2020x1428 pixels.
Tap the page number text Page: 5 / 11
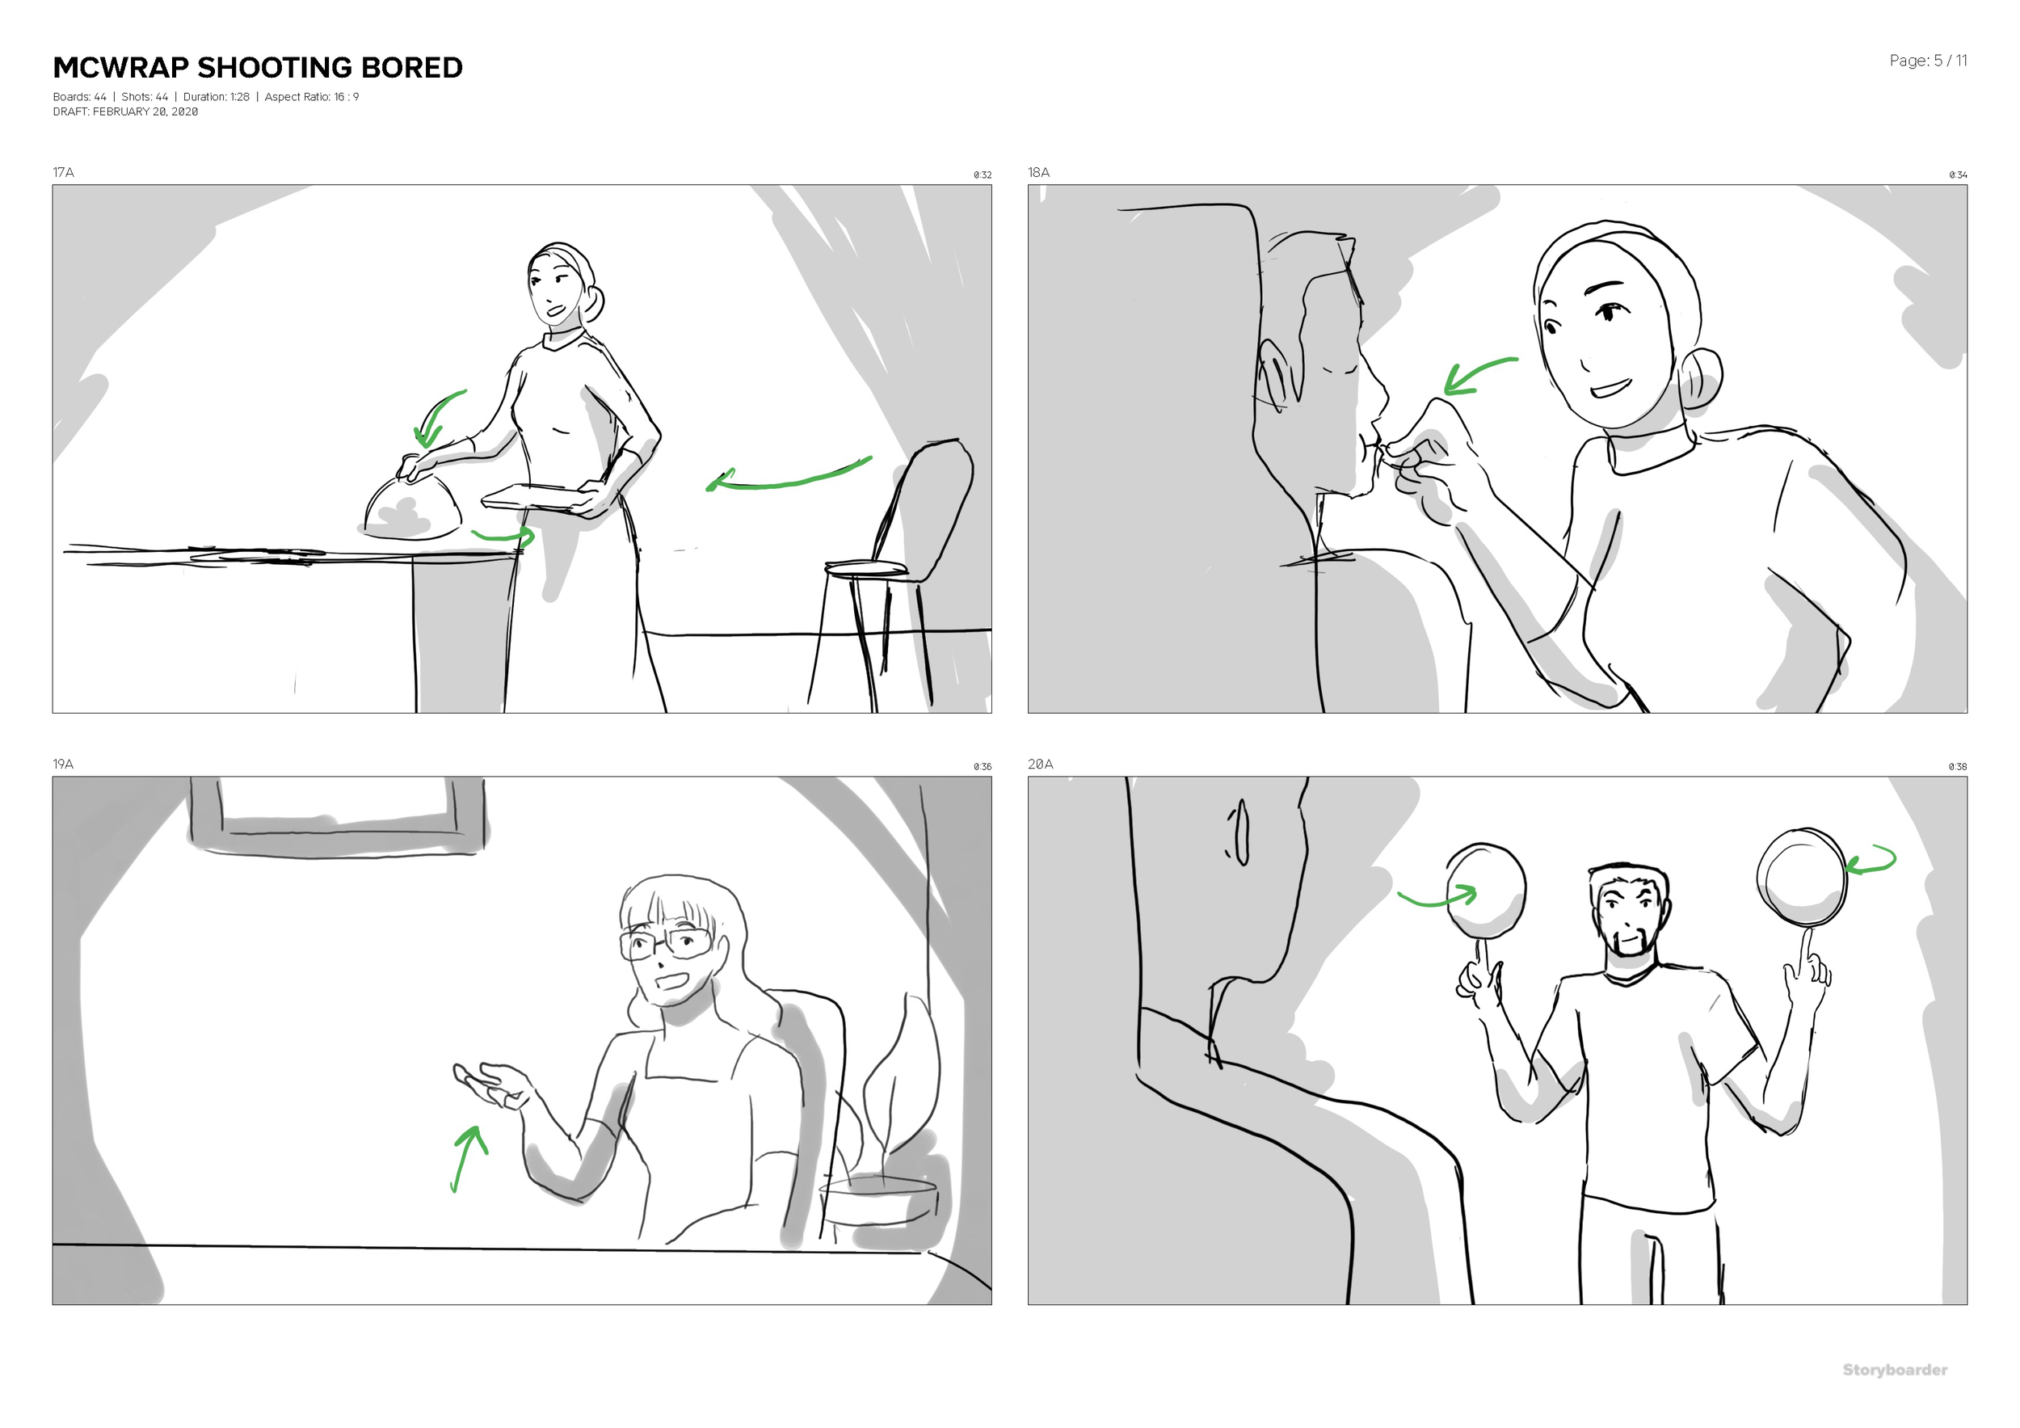tap(1928, 61)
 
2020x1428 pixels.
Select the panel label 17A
tap(63, 172)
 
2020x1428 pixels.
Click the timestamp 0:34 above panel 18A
tap(1958, 175)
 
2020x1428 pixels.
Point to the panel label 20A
tap(1040, 764)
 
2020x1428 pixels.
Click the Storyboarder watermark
tap(1894, 1370)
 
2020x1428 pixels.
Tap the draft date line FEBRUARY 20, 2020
tap(125, 112)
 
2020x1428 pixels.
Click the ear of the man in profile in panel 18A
tap(1276, 374)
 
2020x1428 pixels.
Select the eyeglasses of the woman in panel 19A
tap(666, 944)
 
